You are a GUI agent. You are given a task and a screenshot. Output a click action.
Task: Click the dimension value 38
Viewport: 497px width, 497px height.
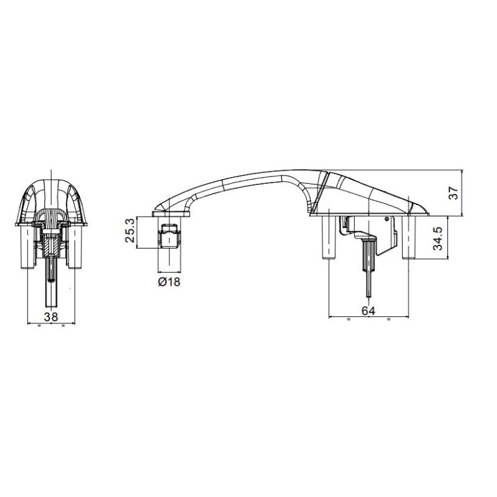[x=52, y=316]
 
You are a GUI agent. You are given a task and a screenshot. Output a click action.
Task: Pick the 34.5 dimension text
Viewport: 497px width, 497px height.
[x=439, y=238]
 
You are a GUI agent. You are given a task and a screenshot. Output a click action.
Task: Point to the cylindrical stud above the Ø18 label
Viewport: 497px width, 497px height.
[x=168, y=234]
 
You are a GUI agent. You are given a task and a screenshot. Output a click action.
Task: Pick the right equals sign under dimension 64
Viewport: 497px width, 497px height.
[x=388, y=319]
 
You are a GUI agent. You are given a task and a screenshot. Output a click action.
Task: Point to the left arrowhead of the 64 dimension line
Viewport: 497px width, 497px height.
[x=330, y=317]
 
